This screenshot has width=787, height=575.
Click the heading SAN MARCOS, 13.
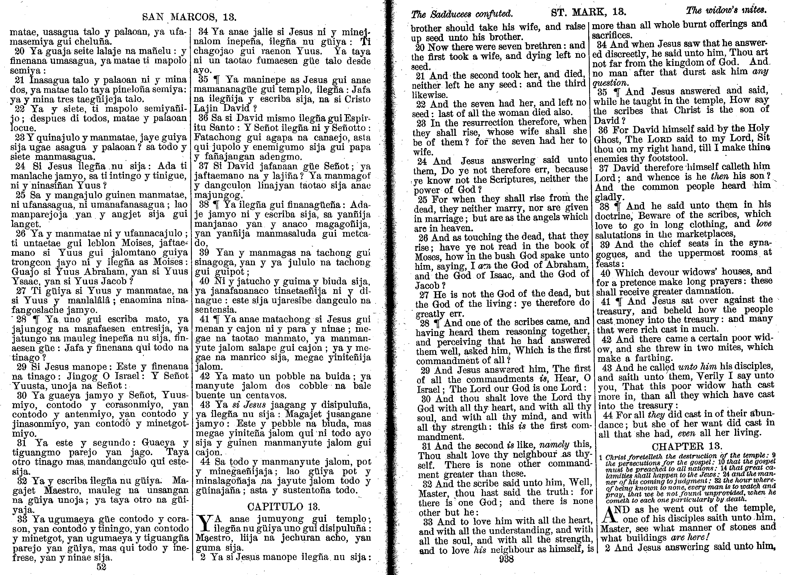tap(189, 17)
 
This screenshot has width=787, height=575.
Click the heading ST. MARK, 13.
tap(589, 12)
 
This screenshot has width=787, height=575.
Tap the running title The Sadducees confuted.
tap(462, 14)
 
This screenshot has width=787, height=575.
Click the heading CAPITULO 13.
tap(283, 506)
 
